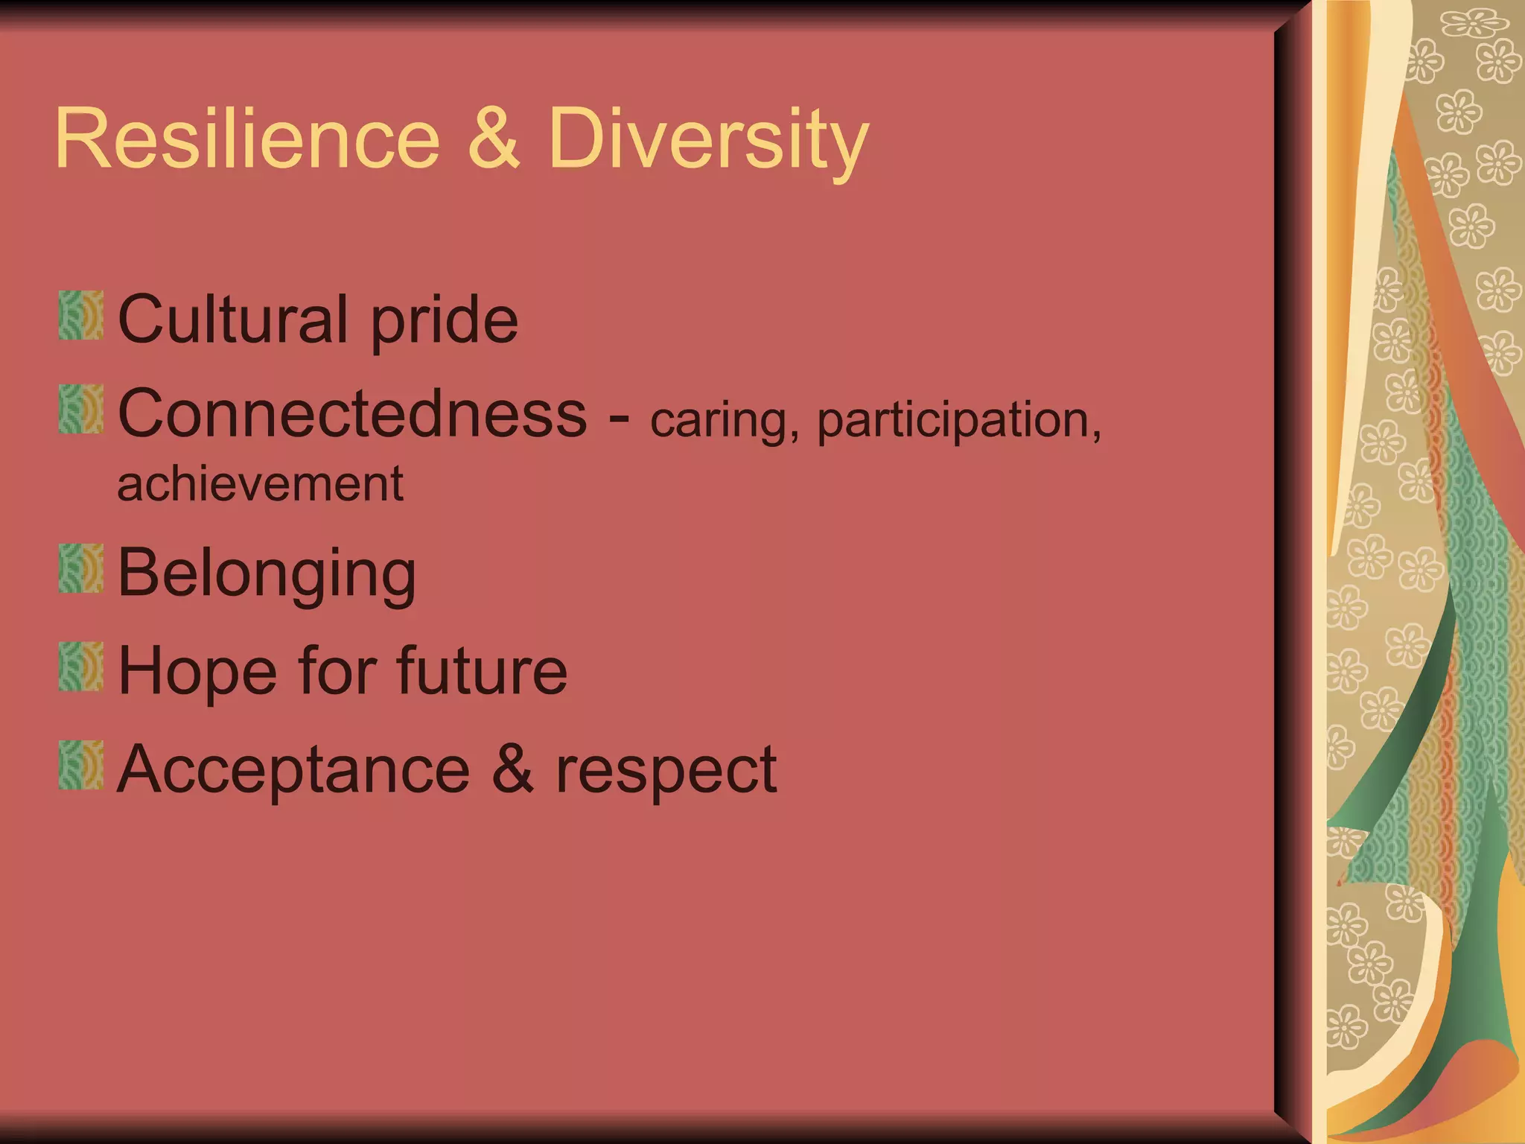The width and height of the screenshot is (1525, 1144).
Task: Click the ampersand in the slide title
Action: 493,139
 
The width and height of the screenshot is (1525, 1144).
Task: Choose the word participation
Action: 959,422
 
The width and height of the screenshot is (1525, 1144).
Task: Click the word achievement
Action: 261,484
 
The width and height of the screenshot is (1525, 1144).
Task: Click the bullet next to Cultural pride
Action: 81,316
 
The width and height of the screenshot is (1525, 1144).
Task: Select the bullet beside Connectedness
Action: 81,409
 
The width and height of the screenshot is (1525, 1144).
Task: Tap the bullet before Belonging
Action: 81,568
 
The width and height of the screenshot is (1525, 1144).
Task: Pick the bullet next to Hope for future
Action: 81,667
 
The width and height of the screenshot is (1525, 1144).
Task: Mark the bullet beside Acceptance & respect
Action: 81,765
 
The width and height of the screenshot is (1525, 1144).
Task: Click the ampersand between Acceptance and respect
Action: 512,769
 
